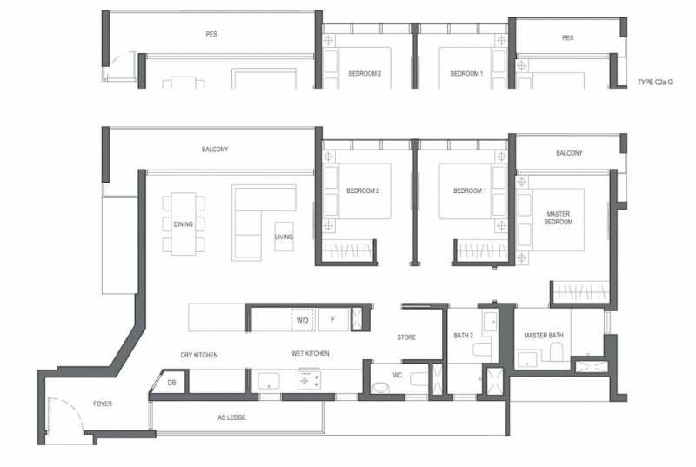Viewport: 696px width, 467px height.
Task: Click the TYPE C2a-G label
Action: tap(655, 82)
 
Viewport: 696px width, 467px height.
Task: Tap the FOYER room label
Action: tap(103, 404)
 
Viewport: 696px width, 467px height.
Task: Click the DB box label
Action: tap(171, 383)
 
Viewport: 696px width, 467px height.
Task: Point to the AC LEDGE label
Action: tap(231, 417)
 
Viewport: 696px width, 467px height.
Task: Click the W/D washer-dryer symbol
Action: tap(302, 320)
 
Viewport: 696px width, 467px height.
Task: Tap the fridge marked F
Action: tap(333, 319)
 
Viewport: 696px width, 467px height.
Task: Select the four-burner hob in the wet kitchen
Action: tap(310, 380)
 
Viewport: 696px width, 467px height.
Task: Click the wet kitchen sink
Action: tap(269, 382)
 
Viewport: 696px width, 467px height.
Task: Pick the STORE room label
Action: tap(406, 337)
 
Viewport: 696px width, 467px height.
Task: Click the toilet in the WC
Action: tap(418, 380)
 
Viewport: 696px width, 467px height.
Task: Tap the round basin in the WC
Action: tap(380, 388)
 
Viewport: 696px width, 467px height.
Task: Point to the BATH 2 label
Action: tap(464, 336)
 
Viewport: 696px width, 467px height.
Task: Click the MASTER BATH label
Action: tap(543, 336)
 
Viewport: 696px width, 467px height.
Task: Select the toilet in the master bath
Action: tap(556, 351)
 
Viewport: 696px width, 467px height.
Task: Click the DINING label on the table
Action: tap(184, 224)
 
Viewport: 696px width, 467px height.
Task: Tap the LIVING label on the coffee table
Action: tap(284, 237)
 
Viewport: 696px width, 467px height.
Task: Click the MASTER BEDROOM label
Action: tap(558, 217)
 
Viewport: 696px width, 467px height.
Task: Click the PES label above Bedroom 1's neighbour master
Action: tap(568, 37)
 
